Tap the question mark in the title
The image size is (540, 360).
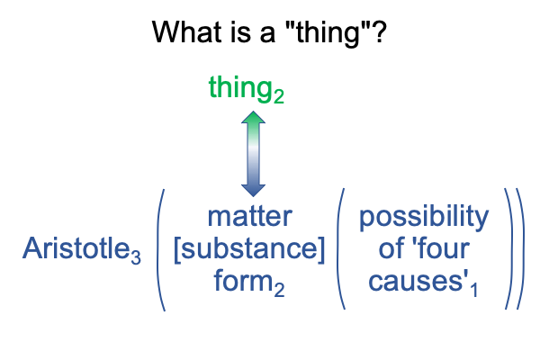click(x=379, y=31)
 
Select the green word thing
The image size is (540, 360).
click(x=240, y=88)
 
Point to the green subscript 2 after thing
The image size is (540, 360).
click(x=279, y=96)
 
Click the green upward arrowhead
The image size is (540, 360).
click(x=253, y=117)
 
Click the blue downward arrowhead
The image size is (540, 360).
click(x=253, y=191)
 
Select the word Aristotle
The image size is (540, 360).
click(x=76, y=248)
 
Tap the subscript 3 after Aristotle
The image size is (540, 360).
click(x=136, y=257)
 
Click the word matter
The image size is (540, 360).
click(x=250, y=217)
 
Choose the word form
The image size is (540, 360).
click(x=243, y=281)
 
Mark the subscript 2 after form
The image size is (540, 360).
click(x=279, y=290)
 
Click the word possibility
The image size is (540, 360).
click(x=424, y=219)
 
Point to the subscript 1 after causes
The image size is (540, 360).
click(x=474, y=290)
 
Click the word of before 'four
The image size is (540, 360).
click(x=391, y=248)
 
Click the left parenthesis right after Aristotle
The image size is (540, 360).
click(x=161, y=250)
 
